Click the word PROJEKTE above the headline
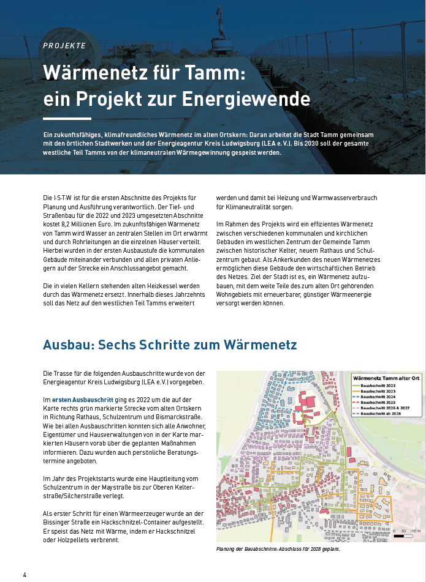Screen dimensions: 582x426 [x=64, y=45]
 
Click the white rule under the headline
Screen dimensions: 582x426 [x=67, y=119]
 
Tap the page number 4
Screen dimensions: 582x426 [x=25, y=575]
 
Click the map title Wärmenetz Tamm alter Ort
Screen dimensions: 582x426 [x=385, y=378]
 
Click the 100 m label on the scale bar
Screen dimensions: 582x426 [x=415, y=531]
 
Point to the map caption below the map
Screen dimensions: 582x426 [x=278, y=549]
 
